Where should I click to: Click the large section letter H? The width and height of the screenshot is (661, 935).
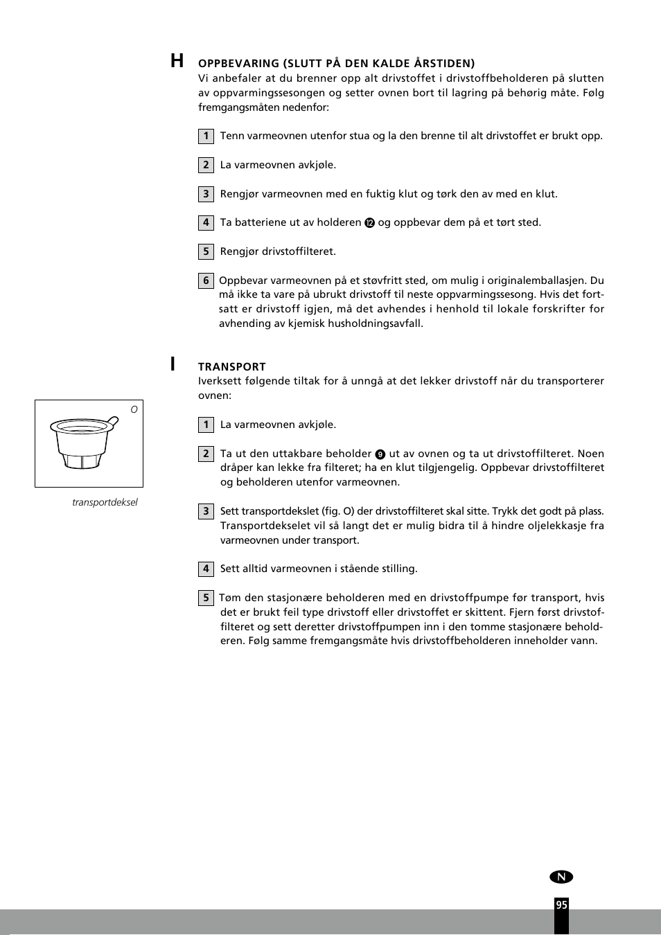[x=177, y=61]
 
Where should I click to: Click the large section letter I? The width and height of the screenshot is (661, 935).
[x=173, y=364]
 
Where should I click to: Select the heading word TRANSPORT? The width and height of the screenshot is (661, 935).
[x=231, y=366]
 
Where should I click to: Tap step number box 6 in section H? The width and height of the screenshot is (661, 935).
[x=206, y=280]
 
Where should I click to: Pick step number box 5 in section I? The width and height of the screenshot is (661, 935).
[x=206, y=598]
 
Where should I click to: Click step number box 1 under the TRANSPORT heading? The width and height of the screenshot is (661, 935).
[x=206, y=425]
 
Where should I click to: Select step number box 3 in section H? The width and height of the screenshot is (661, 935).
[x=206, y=194]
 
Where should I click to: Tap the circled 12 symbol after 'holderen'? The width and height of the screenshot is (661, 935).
[x=369, y=223]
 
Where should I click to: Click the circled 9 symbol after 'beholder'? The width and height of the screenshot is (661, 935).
[x=380, y=454]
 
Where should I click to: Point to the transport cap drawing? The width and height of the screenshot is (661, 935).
[x=82, y=443]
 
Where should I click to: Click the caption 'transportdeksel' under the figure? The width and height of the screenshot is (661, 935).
[x=105, y=502]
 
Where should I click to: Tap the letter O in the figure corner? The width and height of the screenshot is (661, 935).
[x=134, y=409]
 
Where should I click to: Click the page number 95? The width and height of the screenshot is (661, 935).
[x=561, y=905]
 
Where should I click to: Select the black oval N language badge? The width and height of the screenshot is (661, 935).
[x=561, y=877]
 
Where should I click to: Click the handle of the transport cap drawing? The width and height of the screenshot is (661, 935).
[x=112, y=420]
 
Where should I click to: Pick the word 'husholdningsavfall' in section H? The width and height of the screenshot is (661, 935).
[x=375, y=323]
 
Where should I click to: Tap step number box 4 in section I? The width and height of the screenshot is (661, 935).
[x=206, y=569]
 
